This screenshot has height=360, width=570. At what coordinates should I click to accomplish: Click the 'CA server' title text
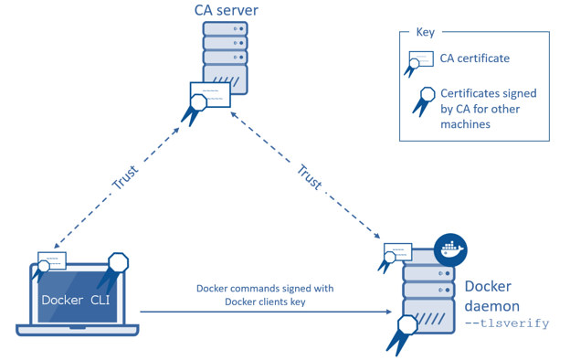coord(226,11)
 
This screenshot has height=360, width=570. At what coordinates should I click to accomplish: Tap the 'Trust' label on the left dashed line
coord(124,178)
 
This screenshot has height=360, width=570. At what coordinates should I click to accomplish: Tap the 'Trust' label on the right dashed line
coord(311,178)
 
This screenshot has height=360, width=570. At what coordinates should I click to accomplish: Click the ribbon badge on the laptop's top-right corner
coord(118,265)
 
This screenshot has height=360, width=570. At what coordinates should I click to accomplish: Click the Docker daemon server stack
coord(429,297)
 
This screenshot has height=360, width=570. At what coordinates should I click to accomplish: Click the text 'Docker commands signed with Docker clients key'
coord(265,295)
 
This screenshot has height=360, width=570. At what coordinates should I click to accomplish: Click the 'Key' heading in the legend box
coord(426,32)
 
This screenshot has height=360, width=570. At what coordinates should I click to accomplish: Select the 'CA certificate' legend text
coord(475,59)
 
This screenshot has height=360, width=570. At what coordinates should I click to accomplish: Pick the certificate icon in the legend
coord(419,60)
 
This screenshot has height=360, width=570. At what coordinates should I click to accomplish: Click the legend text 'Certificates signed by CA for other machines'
coord(488,109)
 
